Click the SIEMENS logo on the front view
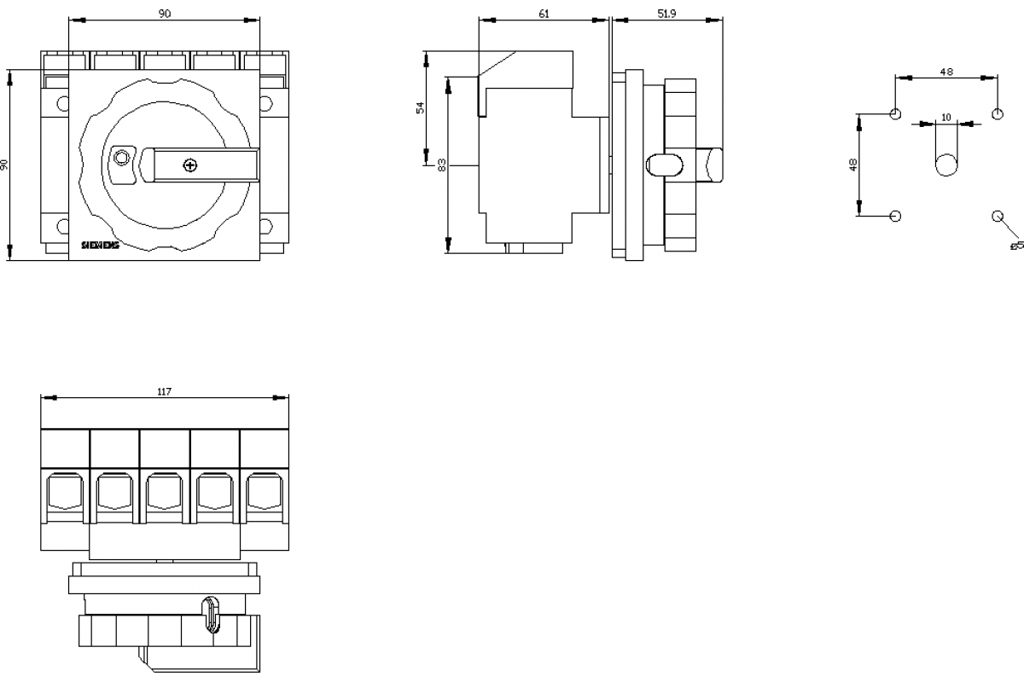[x=102, y=245]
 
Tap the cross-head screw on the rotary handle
[x=190, y=165]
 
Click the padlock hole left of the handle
[x=122, y=157]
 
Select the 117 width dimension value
[x=164, y=391]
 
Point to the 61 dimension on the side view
[x=544, y=14]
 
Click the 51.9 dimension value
[x=666, y=14]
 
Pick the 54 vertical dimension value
[x=419, y=107]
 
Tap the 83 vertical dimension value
[x=441, y=165]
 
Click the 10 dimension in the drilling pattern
[x=945, y=117]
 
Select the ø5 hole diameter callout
[x=1015, y=246]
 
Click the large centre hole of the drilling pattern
[x=945, y=165]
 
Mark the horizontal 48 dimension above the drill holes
[x=945, y=72]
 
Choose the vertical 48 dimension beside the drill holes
[x=852, y=165]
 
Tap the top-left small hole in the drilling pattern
[x=895, y=114]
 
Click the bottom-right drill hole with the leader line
[x=997, y=216]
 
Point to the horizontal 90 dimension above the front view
[x=164, y=14]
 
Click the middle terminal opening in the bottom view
[x=164, y=492]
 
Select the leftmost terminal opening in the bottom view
[x=64, y=492]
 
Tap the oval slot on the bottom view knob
[x=211, y=616]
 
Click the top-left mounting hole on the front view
[x=63, y=104]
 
